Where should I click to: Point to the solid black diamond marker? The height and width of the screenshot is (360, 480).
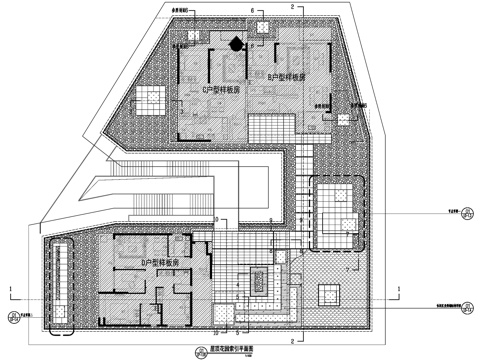[x=236, y=43]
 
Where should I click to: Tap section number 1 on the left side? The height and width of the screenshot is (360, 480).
[x=10, y=290]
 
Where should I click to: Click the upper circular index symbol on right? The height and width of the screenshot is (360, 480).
[x=463, y=211]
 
